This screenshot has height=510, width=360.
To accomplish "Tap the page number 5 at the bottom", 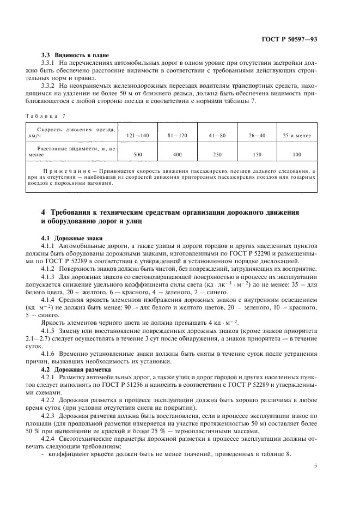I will click(316, 466).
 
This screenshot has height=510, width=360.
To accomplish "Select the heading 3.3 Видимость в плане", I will click(76, 56).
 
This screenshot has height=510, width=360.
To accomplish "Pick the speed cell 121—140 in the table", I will click(137, 134).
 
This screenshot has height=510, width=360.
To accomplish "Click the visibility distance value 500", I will click(137, 154).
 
